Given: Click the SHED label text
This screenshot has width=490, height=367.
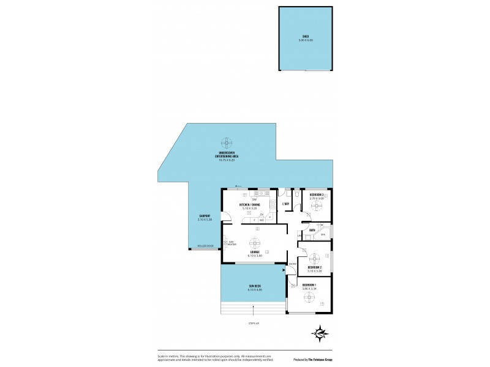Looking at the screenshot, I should pyautogui.click(x=305, y=36).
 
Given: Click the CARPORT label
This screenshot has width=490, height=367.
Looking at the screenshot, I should pyautogui.click(x=205, y=217).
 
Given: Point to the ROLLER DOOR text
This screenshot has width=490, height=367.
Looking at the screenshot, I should pyautogui.click(x=205, y=246).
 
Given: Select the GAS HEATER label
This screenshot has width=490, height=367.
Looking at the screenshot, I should pyautogui.click(x=232, y=243).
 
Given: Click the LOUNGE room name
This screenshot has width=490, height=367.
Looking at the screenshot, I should pyautogui.click(x=255, y=253).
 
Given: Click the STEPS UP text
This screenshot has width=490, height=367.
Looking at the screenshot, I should pyautogui.click(x=254, y=323).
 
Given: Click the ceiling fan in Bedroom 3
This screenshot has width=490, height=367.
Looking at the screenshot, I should pyautogui.click(x=317, y=206).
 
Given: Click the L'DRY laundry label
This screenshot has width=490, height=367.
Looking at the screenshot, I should pyautogui.click(x=285, y=204).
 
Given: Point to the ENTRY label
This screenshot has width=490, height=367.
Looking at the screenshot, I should pyautogui.click(x=292, y=264).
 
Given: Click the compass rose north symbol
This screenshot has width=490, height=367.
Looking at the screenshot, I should pyautogui.click(x=319, y=333).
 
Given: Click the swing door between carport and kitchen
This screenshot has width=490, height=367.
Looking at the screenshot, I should pyautogui.click(x=225, y=216).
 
